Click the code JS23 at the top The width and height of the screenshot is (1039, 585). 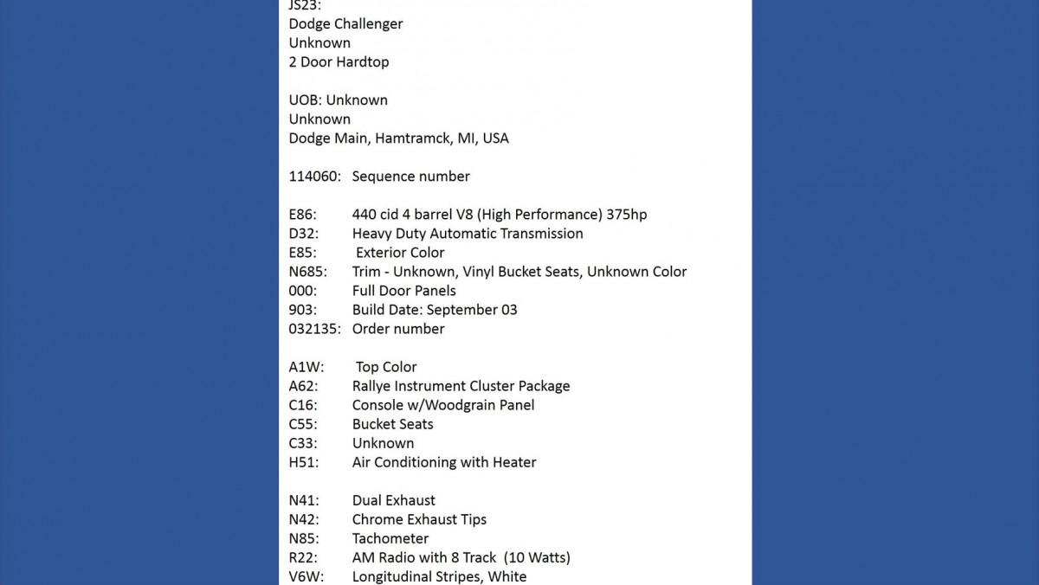point(303,6)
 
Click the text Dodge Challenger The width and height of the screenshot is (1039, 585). point(345,24)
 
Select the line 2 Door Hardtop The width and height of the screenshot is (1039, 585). point(339,62)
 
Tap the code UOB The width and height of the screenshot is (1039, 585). point(305,100)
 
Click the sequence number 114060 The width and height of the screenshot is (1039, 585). point(314,177)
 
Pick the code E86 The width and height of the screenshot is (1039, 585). point(303,215)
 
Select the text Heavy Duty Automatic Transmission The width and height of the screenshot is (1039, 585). point(468,234)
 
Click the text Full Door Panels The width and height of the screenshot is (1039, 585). point(403,291)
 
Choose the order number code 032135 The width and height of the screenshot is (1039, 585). point(314,329)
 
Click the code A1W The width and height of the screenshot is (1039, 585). point(306,367)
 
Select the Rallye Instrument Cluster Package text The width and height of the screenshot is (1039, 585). point(461,386)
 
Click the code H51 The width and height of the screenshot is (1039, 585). point(303,462)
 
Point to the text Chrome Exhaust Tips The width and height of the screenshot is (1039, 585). point(419,519)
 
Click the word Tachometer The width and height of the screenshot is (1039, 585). point(390,538)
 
